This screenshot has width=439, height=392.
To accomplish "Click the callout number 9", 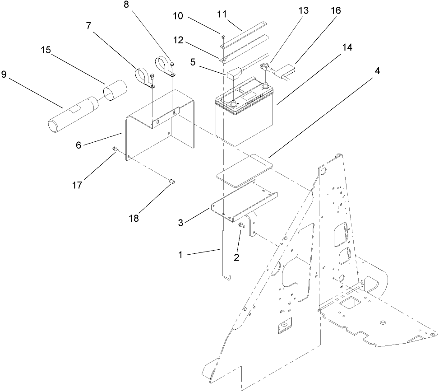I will pos(5,74).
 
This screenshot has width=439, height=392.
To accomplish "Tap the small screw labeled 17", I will pos(115,149).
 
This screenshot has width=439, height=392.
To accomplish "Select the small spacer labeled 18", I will pos(171,182).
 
